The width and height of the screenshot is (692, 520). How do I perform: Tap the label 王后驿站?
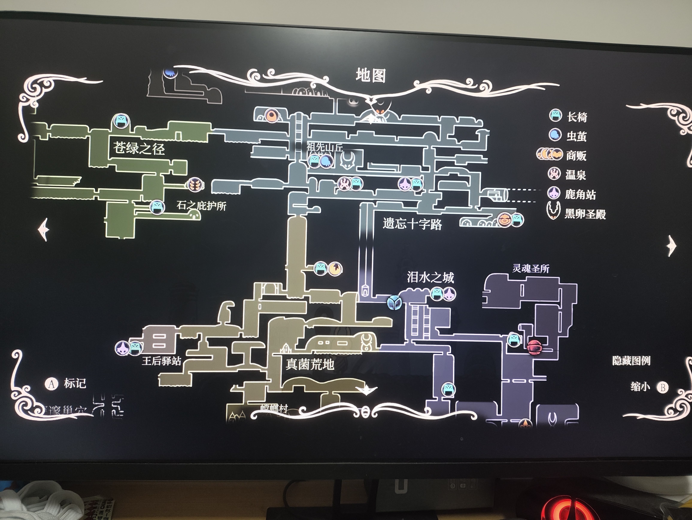click(x=161, y=361)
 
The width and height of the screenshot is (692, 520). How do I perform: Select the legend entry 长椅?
click(x=577, y=117)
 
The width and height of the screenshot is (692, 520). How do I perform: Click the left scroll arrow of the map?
click(x=44, y=229)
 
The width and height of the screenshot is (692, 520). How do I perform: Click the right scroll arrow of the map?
click(x=671, y=246)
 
